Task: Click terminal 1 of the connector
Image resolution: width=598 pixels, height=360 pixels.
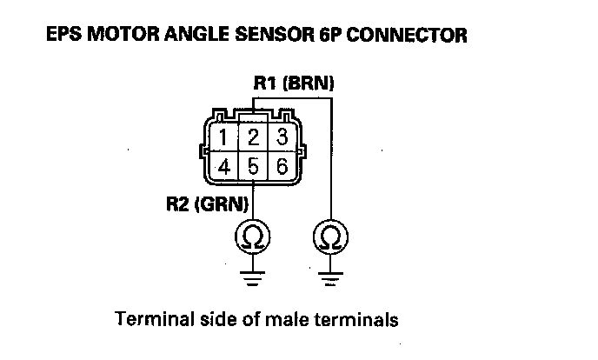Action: [225, 137]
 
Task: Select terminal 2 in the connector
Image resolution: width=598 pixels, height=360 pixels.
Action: [252, 137]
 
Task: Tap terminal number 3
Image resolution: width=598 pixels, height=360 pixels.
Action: [280, 137]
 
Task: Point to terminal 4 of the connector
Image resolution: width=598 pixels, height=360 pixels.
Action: [225, 166]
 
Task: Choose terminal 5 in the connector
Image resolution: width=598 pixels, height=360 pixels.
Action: [252, 166]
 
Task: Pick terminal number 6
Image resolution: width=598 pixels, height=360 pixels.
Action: [280, 166]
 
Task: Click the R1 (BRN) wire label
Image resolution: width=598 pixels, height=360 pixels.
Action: [294, 83]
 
